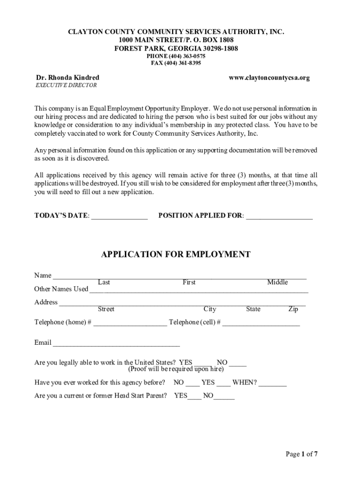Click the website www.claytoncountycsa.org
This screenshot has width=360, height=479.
[269, 78]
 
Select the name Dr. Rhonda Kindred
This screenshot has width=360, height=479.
[68, 78]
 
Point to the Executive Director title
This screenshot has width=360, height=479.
[66, 86]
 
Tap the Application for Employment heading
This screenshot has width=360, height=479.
[176, 254]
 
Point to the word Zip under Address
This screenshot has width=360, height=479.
[293, 309]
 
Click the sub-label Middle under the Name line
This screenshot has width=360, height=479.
[277, 282]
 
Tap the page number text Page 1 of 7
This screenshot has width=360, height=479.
[302, 454]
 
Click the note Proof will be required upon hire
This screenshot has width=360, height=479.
[176, 369]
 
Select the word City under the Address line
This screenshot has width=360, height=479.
[210, 309]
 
